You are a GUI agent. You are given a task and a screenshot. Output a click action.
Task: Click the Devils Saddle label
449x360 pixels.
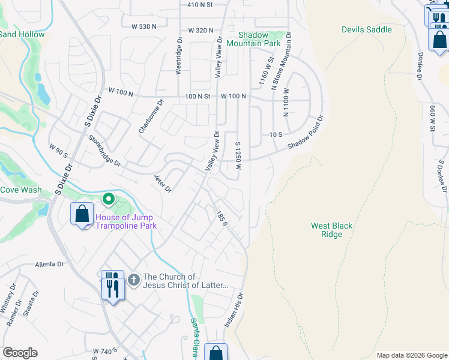coord(366,29)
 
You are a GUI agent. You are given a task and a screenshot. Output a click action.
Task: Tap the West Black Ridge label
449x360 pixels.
coord(331,230)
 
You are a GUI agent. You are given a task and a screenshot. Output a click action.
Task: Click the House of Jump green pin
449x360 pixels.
coord(108,198)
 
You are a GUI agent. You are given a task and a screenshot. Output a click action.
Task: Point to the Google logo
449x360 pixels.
coord(20,353)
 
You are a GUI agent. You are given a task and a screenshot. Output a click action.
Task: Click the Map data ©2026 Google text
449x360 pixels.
coord(411,355)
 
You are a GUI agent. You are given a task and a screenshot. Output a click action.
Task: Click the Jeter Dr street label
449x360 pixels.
coord(163,184)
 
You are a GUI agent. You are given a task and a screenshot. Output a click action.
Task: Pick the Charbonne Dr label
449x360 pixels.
coord(151,116)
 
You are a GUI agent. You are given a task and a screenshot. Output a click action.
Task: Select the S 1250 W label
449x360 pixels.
coord(238,155)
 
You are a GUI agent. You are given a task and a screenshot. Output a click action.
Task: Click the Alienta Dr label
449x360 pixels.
coord(49,264)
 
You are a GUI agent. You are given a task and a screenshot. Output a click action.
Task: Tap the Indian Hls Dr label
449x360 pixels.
coord(234,310)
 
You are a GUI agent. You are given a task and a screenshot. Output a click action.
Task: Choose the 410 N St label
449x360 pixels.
coord(200,5)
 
